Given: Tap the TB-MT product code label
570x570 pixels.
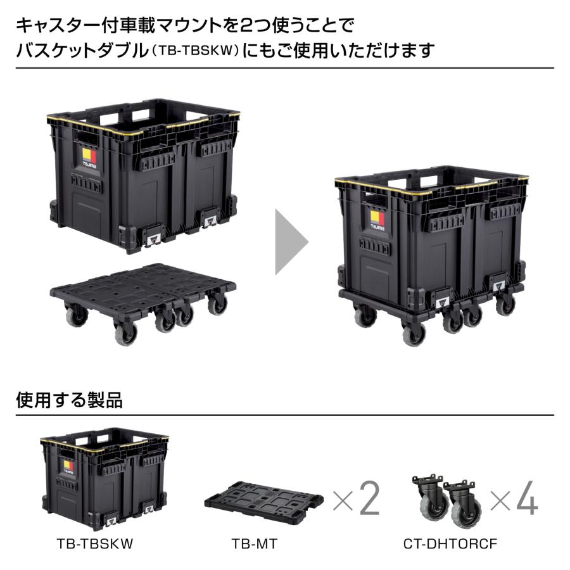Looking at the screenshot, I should (254, 544).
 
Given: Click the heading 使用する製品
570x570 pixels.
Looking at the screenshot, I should (69, 400).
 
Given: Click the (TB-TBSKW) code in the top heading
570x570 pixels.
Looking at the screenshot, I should (194, 51).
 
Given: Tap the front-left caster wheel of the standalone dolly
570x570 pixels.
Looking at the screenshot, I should (125, 333).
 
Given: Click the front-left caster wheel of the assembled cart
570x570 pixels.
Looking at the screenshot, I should (414, 334).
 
